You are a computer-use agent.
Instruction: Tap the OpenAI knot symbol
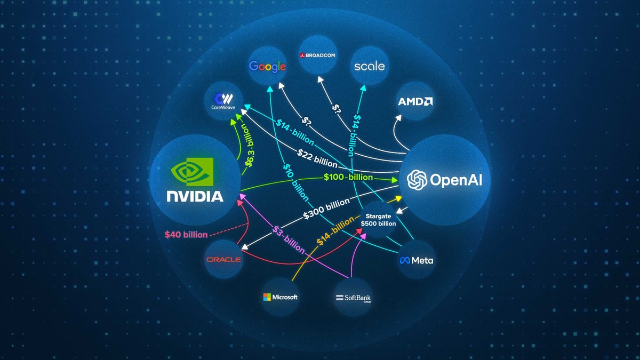point(416,180)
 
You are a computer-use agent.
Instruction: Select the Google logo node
point(267,66)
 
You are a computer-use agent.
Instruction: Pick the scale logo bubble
point(370,66)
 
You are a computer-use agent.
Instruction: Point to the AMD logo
point(415,101)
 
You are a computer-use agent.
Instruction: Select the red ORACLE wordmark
point(223,260)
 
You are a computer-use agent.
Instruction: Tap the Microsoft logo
point(280,297)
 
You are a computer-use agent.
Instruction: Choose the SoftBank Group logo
point(352,298)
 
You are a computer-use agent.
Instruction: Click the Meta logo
point(417,260)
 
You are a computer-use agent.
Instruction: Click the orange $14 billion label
point(334,231)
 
